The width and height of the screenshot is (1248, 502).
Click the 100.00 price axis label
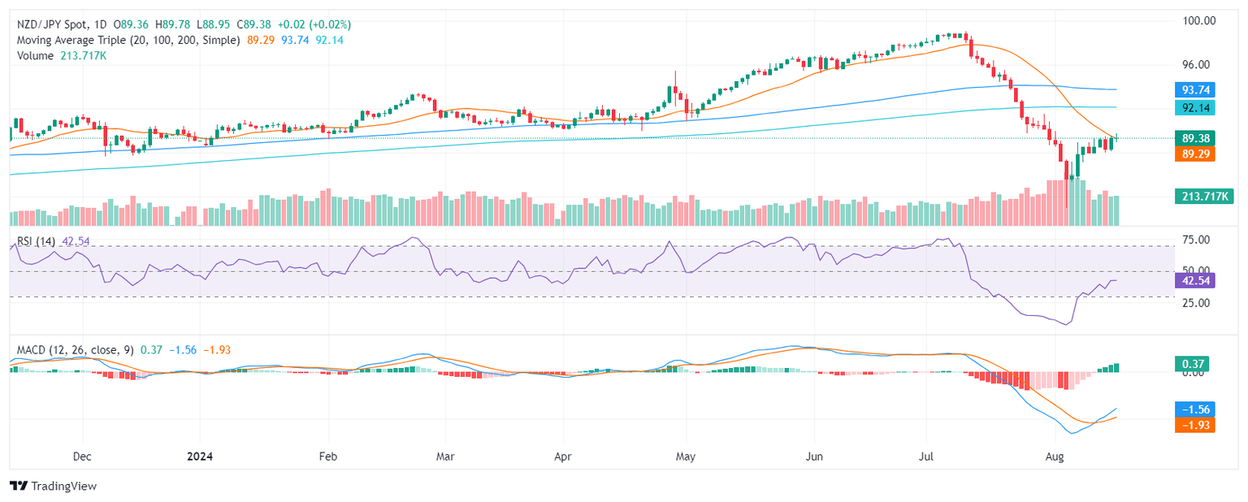coord(1198,20)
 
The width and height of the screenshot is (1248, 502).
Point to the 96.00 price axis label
coord(1198,65)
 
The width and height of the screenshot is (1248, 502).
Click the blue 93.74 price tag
coord(1194,89)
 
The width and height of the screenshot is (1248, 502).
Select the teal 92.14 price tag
coord(1194,107)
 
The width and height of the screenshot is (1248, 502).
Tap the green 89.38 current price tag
coord(1194,138)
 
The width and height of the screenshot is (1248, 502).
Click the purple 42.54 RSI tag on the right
coord(1194,281)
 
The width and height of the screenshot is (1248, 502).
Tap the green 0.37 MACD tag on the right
coord(1192,365)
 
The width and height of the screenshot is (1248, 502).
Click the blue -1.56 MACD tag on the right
coord(1194,409)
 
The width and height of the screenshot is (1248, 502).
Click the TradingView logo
coord(54,486)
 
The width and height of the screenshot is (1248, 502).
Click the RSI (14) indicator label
coord(36,240)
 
